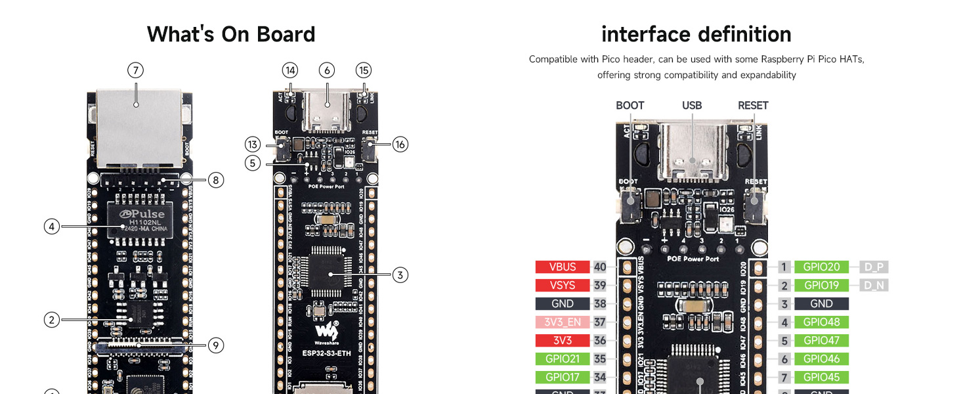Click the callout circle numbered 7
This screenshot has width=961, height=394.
[135, 70]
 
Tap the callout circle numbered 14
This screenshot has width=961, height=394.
[290, 70]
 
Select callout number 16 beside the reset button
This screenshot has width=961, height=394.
[400, 144]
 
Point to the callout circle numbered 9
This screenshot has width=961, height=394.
[216, 345]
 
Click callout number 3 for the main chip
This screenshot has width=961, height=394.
[400, 275]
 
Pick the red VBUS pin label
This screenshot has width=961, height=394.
[563, 267]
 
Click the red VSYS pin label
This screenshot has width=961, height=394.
[563, 286]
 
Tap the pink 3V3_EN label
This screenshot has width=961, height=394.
[563, 322]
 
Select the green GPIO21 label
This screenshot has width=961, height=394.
[563, 359]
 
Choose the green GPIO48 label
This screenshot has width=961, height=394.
[821, 322]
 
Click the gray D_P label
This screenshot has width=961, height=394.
[874, 267]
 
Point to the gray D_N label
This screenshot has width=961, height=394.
[874, 286]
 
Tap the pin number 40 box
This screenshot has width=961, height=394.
[600, 267]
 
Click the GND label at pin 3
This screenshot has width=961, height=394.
[821, 304]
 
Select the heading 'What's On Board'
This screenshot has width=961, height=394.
[231, 34]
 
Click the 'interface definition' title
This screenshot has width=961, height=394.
[696, 34]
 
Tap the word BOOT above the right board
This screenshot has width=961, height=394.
[630, 106]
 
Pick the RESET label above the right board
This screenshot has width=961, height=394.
[753, 106]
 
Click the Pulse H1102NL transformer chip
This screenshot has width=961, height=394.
[140, 220]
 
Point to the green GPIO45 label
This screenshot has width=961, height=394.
[821, 378]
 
